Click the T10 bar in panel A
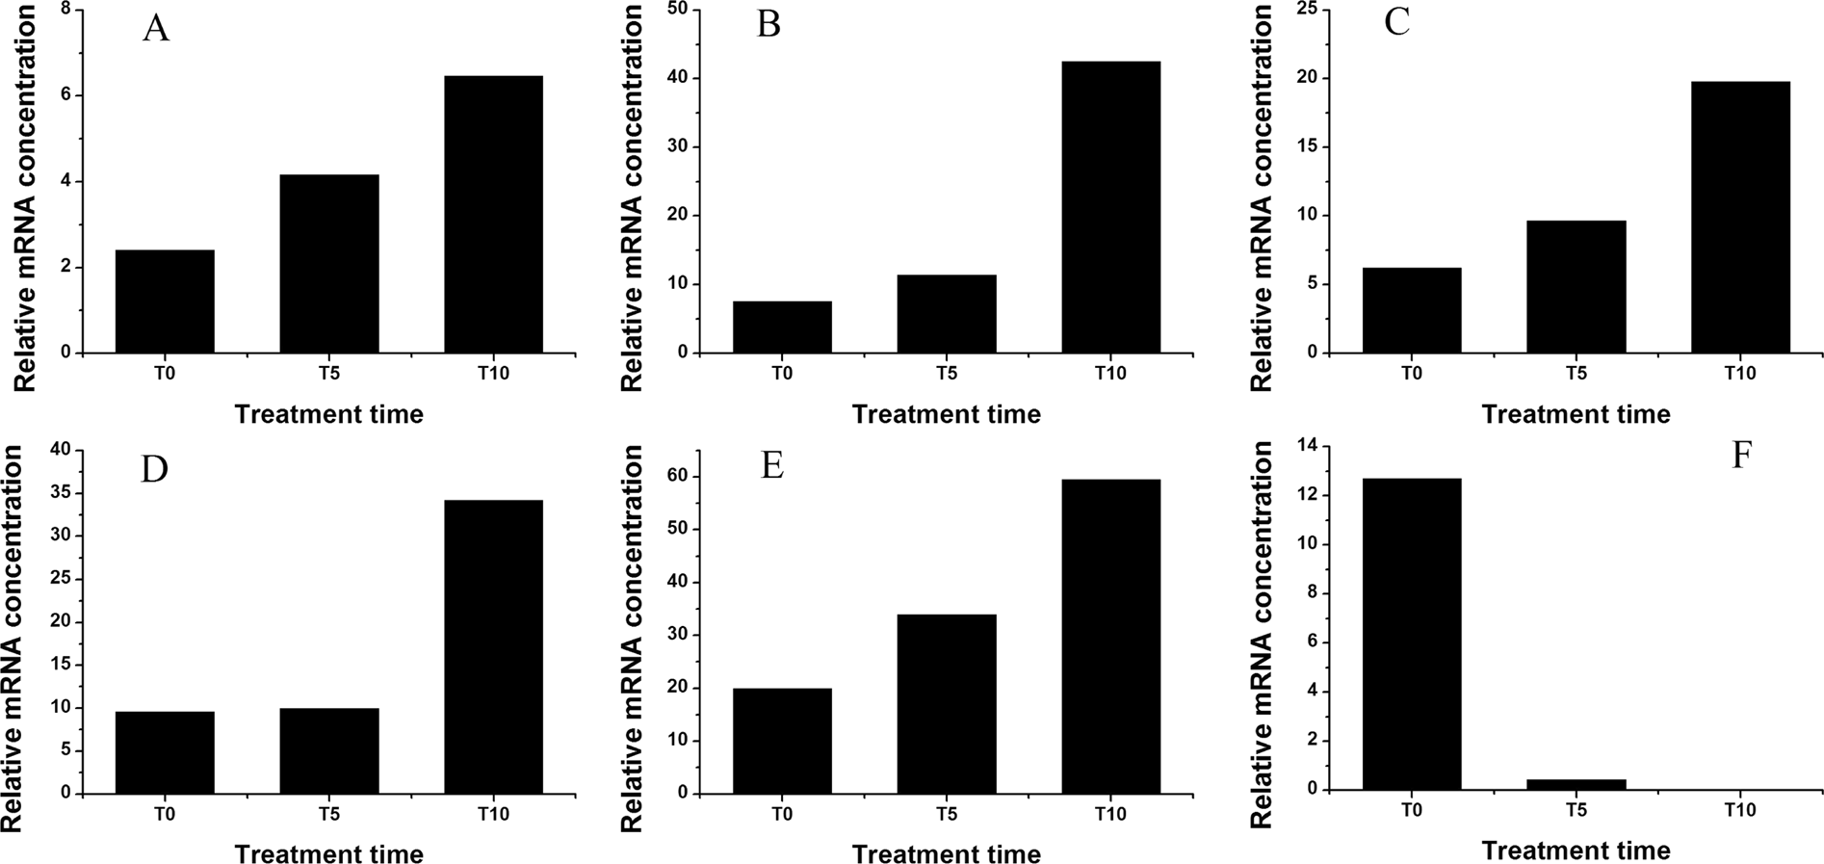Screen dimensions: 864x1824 493,214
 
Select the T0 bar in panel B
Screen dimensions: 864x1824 782,327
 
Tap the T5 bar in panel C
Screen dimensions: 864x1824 1576,287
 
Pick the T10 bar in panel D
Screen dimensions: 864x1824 493,646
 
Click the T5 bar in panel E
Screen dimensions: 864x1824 946,704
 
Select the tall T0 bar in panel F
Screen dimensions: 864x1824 1412,634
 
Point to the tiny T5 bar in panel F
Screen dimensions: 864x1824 1576,784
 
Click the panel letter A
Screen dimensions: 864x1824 155,30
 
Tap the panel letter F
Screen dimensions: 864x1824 1740,456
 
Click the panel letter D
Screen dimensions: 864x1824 154,469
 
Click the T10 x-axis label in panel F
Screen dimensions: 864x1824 1740,810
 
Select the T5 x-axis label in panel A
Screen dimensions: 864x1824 329,373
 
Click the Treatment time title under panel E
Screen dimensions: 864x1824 946,854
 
